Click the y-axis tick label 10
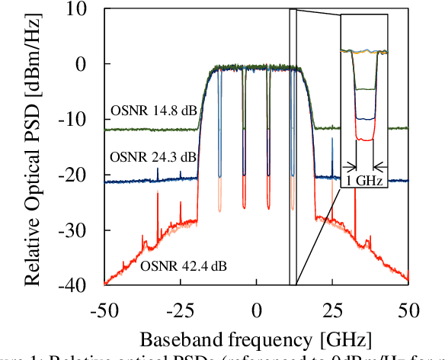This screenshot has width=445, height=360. tap(82, 11)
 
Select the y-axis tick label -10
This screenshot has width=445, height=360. tap(78, 121)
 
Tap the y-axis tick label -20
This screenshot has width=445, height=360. tap(78, 175)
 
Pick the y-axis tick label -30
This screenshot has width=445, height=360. tap(78, 230)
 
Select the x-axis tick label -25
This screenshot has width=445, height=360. tap(180, 310)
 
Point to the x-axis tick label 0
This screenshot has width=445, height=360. tap(257, 310)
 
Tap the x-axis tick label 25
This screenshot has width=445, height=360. tap(332, 310)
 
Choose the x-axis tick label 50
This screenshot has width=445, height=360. tap(408, 310)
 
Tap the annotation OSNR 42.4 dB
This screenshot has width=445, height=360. tap(184, 266)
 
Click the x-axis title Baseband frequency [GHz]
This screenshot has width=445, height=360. tap(256, 337)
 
